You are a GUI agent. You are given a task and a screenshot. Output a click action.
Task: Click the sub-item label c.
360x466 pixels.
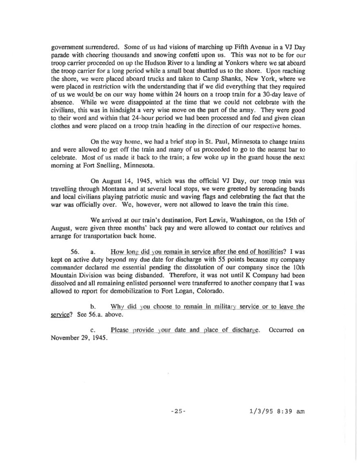(x=93, y=330)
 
